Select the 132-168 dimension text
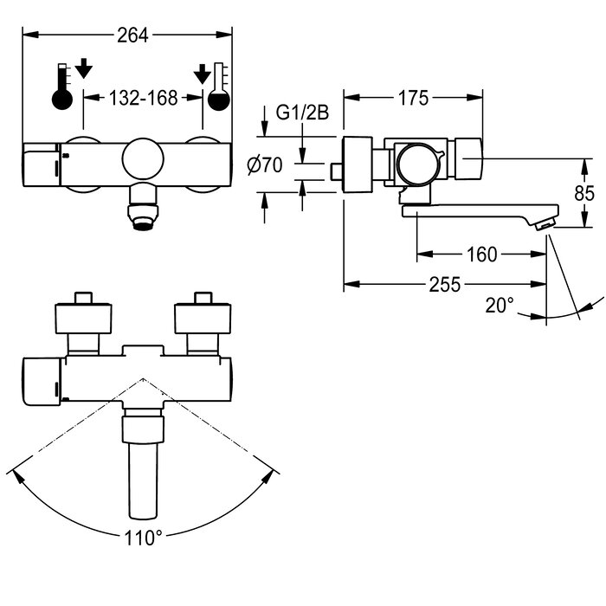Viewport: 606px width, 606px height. point(142,98)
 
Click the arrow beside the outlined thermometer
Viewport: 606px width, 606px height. point(201,74)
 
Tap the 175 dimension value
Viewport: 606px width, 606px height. point(413,99)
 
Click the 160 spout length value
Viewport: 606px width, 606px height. point(480,254)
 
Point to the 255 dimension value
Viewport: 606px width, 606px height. point(444,284)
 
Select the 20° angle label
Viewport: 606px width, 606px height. point(499,305)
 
